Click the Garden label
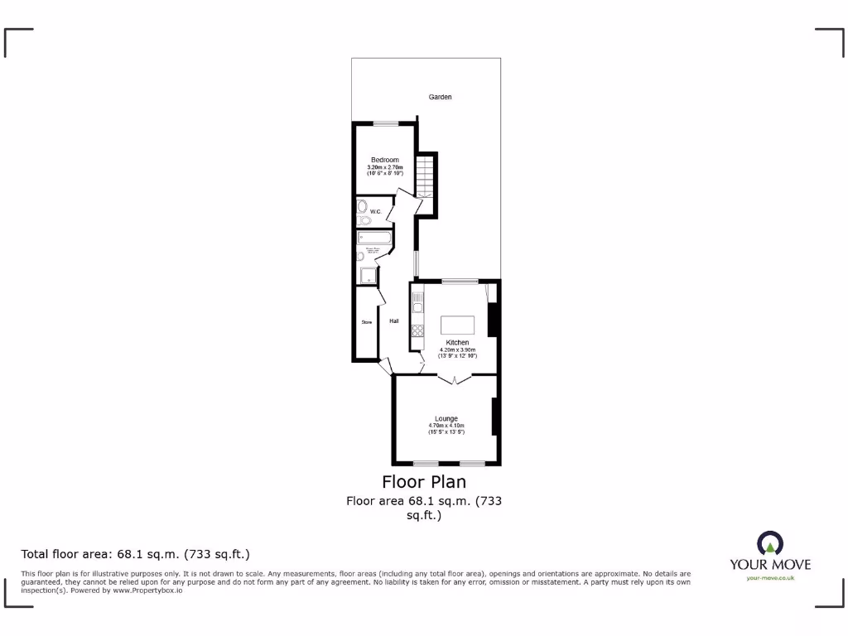coord(440,97)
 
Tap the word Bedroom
coord(384,160)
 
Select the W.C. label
coord(374,212)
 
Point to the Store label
coord(365,322)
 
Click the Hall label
coord(394,321)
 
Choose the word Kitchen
coord(457,342)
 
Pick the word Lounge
coord(446,419)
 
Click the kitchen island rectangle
coord(457,324)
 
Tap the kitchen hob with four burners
coord(418,330)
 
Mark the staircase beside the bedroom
coord(425,175)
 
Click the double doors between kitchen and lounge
coord(455,379)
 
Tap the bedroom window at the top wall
coord(385,123)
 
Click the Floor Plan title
coord(423,481)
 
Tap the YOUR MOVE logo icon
coord(769,543)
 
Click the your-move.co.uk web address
coord(769,578)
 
